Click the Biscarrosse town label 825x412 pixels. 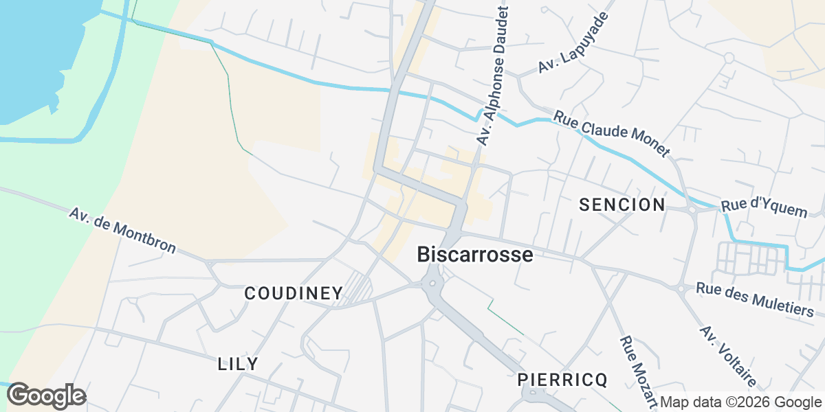coord(475,255)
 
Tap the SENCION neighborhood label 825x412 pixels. coord(622,205)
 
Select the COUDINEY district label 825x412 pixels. coord(294,293)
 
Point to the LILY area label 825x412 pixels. coord(238,364)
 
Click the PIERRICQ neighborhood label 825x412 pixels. coord(563,380)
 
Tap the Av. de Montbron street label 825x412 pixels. coord(122,229)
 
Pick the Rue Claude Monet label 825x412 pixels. coord(611,134)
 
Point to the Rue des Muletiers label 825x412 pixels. coord(755,299)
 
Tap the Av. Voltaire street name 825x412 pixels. coord(728,356)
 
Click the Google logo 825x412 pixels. coord(47,396)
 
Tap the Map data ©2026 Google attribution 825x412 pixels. coord(740,402)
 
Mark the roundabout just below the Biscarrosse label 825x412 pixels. coord(432,283)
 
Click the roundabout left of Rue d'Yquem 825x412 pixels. coord(691,209)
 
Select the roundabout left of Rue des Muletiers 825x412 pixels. coord(681,289)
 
